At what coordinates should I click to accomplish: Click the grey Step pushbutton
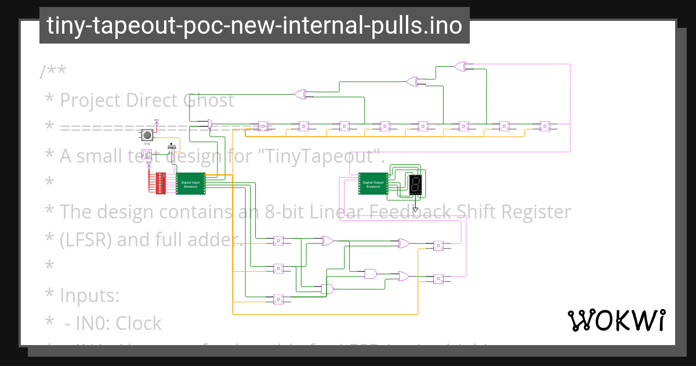pos(147,135)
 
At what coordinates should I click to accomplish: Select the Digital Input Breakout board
pos(190,184)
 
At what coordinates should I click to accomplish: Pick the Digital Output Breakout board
pos(373,184)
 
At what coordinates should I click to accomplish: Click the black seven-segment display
pos(415,185)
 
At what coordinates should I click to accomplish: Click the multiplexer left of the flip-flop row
pos(209,123)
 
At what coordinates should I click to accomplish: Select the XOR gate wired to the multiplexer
pos(300,94)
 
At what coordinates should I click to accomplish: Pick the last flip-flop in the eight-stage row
pos(545,125)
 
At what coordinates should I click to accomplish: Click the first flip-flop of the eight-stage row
pos(263,125)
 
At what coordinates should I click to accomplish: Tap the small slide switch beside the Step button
pos(172,146)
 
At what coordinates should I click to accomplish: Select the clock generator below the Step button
pos(147,154)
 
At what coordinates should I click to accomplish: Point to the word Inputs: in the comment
pos(89,296)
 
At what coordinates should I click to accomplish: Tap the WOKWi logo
pos(616,320)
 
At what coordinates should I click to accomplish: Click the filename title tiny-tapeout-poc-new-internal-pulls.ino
pos(254,26)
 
